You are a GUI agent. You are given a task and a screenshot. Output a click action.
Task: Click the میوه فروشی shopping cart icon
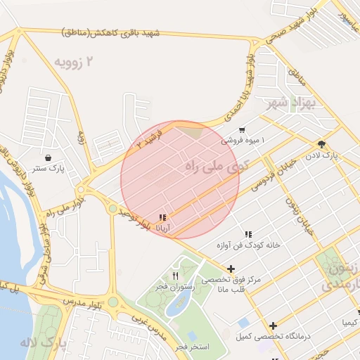[242, 129]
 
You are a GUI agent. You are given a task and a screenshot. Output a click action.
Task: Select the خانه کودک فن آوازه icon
[247, 234]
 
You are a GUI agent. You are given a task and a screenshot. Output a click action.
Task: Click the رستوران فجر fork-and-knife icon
[175, 276]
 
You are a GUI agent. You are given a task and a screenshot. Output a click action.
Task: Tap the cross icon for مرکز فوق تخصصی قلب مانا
[231, 269]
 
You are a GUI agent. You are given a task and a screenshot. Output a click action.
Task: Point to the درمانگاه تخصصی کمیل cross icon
[273, 326]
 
